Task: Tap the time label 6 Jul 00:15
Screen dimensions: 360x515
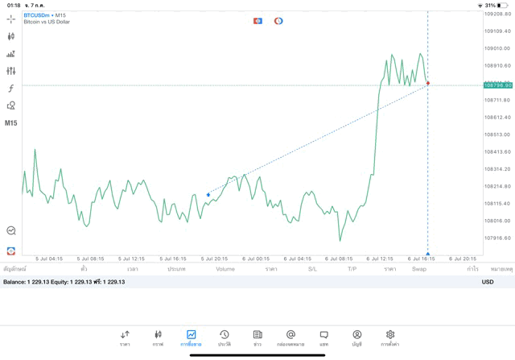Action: tap(257, 259)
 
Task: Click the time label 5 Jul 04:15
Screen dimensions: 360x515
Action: tap(49, 259)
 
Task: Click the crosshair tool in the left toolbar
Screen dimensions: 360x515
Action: tap(11, 19)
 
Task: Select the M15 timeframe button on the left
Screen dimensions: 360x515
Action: tap(11, 123)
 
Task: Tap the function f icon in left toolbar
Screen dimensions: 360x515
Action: tap(11, 89)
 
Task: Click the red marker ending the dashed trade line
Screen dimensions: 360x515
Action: tap(428, 83)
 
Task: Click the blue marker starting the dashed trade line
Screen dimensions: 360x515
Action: tap(208, 194)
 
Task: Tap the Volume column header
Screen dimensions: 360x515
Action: tap(225, 269)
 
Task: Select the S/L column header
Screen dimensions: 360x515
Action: tap(312, 269)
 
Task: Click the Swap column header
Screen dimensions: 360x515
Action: tap(419, 269)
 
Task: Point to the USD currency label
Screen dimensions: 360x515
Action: tap(487, 282)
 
